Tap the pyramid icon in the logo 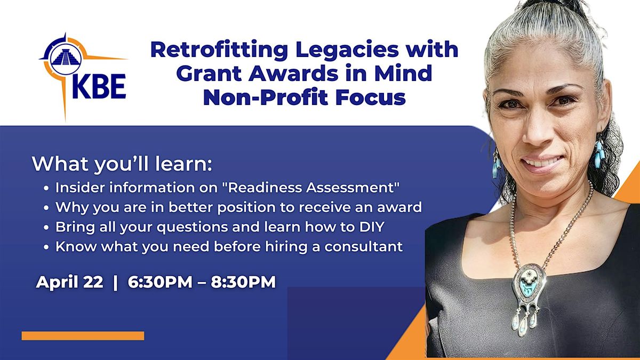coord(66,59)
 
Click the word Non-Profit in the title coord(266,98)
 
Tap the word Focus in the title coord(371,98)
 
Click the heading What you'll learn coord(122,164)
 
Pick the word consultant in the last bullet coord(363,246)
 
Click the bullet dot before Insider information coord(46,189)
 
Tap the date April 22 coord(69,282)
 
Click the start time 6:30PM coord(160,282)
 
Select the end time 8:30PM coord(243,282)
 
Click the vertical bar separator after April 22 coord(115,282)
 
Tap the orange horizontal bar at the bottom coord(83,335)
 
